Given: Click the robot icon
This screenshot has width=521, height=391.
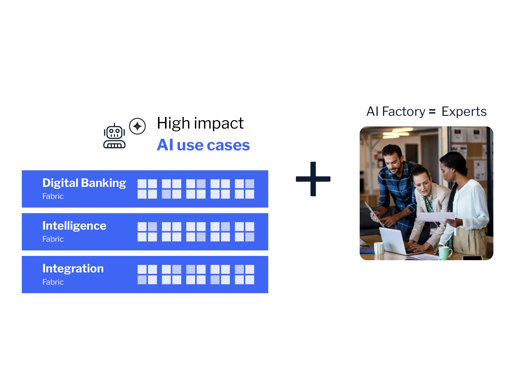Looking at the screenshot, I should pos(114,136).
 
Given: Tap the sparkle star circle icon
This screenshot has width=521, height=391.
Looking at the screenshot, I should pos(137,126).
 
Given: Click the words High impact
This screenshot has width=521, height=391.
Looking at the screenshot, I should pos(200,123).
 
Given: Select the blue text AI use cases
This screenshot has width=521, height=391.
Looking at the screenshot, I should pos(203,145).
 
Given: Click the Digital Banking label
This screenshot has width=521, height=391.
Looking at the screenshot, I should pos(84,183).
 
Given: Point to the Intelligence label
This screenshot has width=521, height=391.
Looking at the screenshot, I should pos(74,226).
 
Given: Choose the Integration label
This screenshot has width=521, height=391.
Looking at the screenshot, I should pos(73,268).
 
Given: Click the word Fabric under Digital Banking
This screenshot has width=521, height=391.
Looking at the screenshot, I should pos(53,196).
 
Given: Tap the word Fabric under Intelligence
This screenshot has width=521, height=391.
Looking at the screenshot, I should pos(53,239).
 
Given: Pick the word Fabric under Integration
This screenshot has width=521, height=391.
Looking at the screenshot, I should pos(53,282).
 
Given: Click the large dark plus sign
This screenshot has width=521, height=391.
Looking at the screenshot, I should pos(313,179).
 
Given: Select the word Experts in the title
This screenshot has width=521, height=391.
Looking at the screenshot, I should pos(464,112).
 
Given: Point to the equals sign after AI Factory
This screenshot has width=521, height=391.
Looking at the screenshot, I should pos(432,112).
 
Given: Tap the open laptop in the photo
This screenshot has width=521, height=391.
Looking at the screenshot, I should pos(392,240).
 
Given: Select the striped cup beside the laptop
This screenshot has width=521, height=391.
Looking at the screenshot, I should pos(379,248).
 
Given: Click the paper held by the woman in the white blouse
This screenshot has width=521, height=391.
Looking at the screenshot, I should pos(435,217).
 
